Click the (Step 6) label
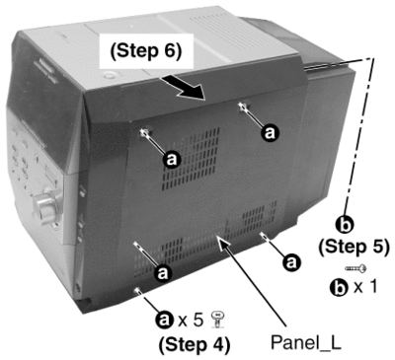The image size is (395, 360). pyautogui.click(x=146, y=51)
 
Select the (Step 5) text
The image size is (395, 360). pyautogui.click(x=354, y=247)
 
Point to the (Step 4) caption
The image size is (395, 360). pyautogui.click(x=195, y=344)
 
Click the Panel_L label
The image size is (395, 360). pyautogui.click(x=306, y=343)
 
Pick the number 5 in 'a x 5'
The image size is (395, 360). pyautogui.click(x=197, y=320)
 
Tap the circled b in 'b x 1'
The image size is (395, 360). pyautogui.click(x=339, y=288)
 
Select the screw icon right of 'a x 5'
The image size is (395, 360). pyautogui.click(x=217, y=320)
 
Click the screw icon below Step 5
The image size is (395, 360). pyautogui.click(x=355, y=269)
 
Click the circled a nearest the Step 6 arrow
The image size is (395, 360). pyautogui.click(x=270, y=133)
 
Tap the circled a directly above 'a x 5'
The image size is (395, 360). pyautogui.click(x=163, y=273)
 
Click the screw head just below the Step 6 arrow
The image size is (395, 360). pyautogui.click(x=244, y=106)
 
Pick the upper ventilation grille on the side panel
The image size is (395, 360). pyautogui.click(x=191, y=159)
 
